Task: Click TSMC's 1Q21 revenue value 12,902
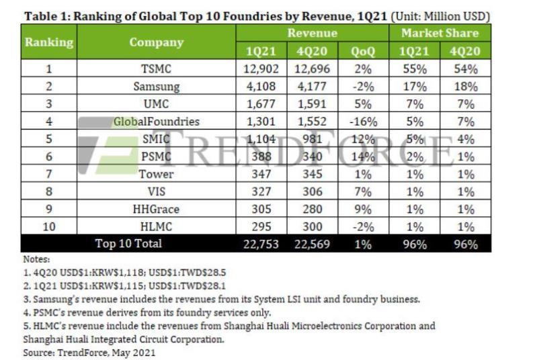(258, 69)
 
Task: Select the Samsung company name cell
(156, 87)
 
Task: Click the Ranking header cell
(49, 42)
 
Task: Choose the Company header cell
(156, 42)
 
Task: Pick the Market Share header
(440, 33)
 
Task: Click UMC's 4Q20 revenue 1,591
(311, 104)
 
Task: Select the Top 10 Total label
(128, 244)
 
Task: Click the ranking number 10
(49, 226)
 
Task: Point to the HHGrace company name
(156, 209)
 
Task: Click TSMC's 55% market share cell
(415, 69)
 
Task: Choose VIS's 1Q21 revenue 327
(258, 191)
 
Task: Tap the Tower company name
(156, 174)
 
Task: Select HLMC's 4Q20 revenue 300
(311, 226)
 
